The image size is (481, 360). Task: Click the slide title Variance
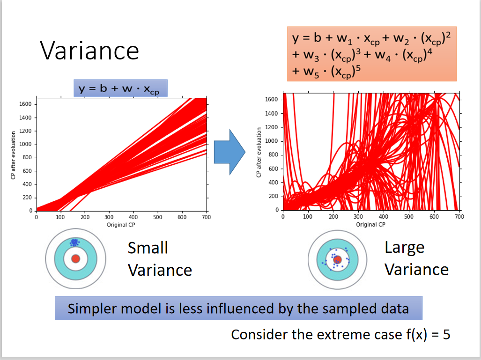point(89,51)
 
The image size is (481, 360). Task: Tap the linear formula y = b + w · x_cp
point(120,88)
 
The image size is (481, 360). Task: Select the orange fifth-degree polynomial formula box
point(371,54)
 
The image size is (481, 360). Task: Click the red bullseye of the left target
point(75,259)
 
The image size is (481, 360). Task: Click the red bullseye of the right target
point(337,259)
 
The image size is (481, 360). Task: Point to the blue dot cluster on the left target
point(74,242)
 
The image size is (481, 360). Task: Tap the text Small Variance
point(159,258)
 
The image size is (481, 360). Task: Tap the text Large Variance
point(416,258)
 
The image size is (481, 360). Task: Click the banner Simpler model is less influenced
point(238,309)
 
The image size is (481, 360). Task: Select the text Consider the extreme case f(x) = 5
point(340,335)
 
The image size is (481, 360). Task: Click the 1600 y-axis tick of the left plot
point(25,104)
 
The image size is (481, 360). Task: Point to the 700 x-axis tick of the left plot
point(206,217)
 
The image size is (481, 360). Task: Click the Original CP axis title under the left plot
point(120,225)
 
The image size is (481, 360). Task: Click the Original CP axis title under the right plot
point(370,224)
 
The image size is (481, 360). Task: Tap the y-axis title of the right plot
point(259,153)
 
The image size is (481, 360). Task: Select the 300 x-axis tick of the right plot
point(358,217)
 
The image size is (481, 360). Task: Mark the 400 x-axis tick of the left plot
point(133,217)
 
